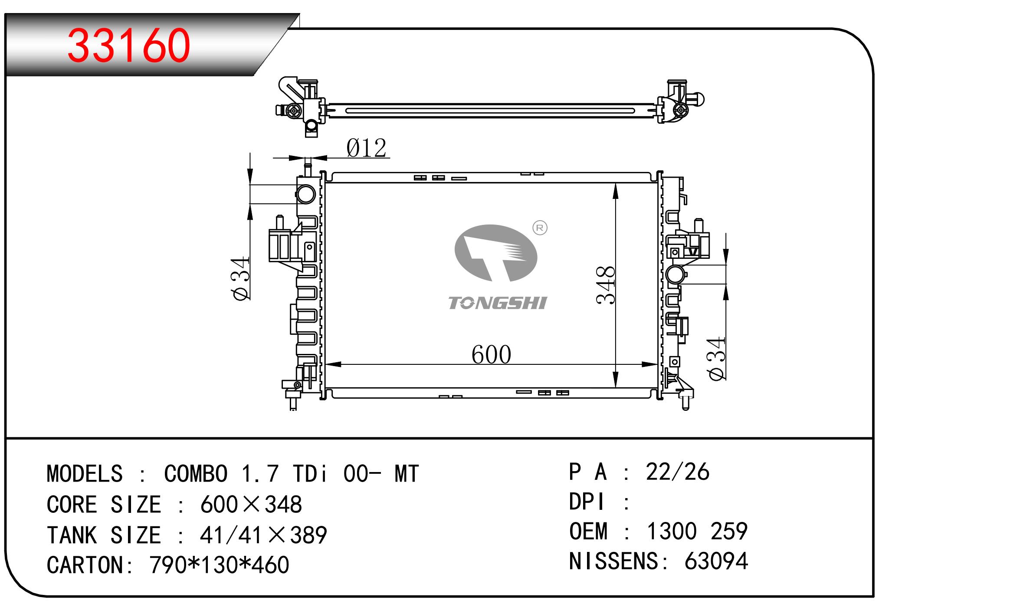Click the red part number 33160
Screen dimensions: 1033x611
(x=129, y=45)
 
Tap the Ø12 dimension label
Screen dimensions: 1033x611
(x=366, y=148)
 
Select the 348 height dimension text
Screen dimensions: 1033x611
(x=606, y=285)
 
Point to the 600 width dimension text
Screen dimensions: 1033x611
(x=491, y=354)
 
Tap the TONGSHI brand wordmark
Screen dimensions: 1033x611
(x=498, y=303)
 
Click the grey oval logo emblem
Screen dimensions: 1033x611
(x=496, y=253)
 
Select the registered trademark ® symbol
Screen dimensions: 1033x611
(x=540, y=228)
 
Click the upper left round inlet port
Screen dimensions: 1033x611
(x=306, y=194)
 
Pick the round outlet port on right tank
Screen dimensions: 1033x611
(x=675, y=274)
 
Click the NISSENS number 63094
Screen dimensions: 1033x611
(x=716, y=561)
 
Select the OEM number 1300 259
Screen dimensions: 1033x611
(x=697, y=531)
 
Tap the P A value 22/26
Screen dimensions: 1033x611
(x=678, y=472)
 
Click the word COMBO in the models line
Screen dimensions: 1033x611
(x=196, y=473)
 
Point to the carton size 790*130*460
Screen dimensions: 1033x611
(x=220, y=565)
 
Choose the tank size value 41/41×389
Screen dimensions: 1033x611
(x=263, y=535)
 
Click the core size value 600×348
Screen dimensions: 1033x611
(x=251, y=505)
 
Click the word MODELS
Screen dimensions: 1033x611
(x=85, y=473)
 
